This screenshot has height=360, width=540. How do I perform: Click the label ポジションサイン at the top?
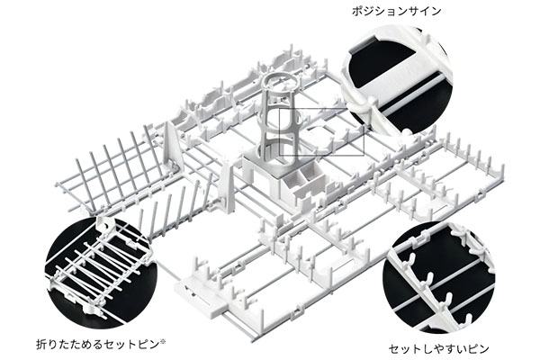pos(396,12)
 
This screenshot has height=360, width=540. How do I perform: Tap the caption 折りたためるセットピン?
pos(97,344)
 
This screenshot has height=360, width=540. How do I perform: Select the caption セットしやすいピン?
pos(439,349)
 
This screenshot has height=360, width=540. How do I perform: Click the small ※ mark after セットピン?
pos(163,342)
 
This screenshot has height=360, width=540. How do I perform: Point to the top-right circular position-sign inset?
pos(396,79)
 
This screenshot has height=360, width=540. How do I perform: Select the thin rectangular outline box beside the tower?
pos(321,132)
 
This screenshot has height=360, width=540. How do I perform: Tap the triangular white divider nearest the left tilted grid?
pos(172,145)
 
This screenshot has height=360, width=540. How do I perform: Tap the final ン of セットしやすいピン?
pos(484,349)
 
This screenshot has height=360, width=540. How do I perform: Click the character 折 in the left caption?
pos(41,344)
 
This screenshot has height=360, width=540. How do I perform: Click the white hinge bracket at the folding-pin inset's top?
pos(104,225)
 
